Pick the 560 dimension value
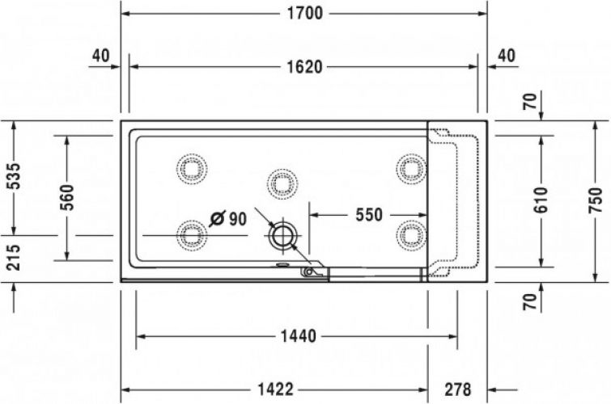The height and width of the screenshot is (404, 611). pyautogui.click(x=67, y=196)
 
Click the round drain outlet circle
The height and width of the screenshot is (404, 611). pyautogui.click(x=283, y=237)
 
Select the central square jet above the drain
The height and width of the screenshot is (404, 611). pyautogui.click(x=281, y=183)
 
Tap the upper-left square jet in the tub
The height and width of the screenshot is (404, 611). pyautogui.click(x=193, y=168)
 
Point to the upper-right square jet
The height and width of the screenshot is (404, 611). pyautogui.click(x=411, y=168)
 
